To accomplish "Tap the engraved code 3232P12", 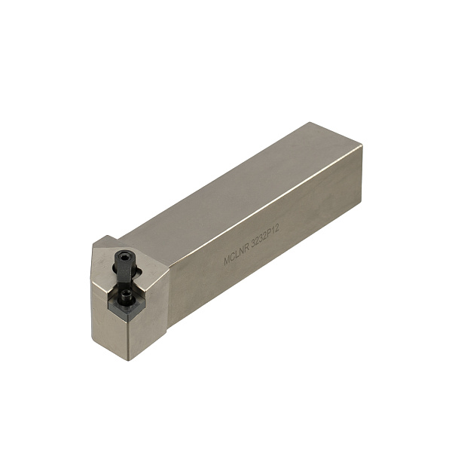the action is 265,240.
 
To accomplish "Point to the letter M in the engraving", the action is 227,261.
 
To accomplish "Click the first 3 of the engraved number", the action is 253,246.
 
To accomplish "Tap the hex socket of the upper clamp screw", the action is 125,256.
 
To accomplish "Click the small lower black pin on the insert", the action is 126,295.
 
